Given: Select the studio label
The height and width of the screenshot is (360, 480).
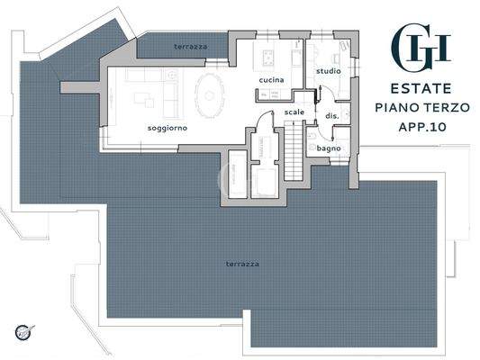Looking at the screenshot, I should pyautogui.click(x=327, y=70).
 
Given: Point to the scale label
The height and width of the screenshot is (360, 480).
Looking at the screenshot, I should pyautogui.click(x=294, y=112).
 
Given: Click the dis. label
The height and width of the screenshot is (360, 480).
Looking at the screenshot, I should pyautogui.click(x=331, y=116).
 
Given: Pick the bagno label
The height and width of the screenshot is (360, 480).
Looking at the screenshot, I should pyautogui.click(x=328, y=148).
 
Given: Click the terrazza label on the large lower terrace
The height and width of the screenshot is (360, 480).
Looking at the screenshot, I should pyautogui.click(x=242, y=264).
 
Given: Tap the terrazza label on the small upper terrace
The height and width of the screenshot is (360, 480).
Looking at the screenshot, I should pyautogui.click(x=190, y=43).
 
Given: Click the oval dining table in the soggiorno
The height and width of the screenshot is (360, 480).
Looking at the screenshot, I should pyautogui.click(x=213, y=94).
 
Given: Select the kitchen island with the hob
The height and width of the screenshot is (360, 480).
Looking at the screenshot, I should pyautogui.click(x=269, y=59).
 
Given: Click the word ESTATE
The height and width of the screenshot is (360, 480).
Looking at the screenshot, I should pyautogui.click(x=421, y=89).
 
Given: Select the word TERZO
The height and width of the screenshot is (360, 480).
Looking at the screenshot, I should pyautogui.click(x=446, y=108).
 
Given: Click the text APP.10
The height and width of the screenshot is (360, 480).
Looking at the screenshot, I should pyautogui.click(x=421, y=127).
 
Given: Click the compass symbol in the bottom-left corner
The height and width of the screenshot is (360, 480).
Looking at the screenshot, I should pyautogui.click(x=28, y=334).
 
